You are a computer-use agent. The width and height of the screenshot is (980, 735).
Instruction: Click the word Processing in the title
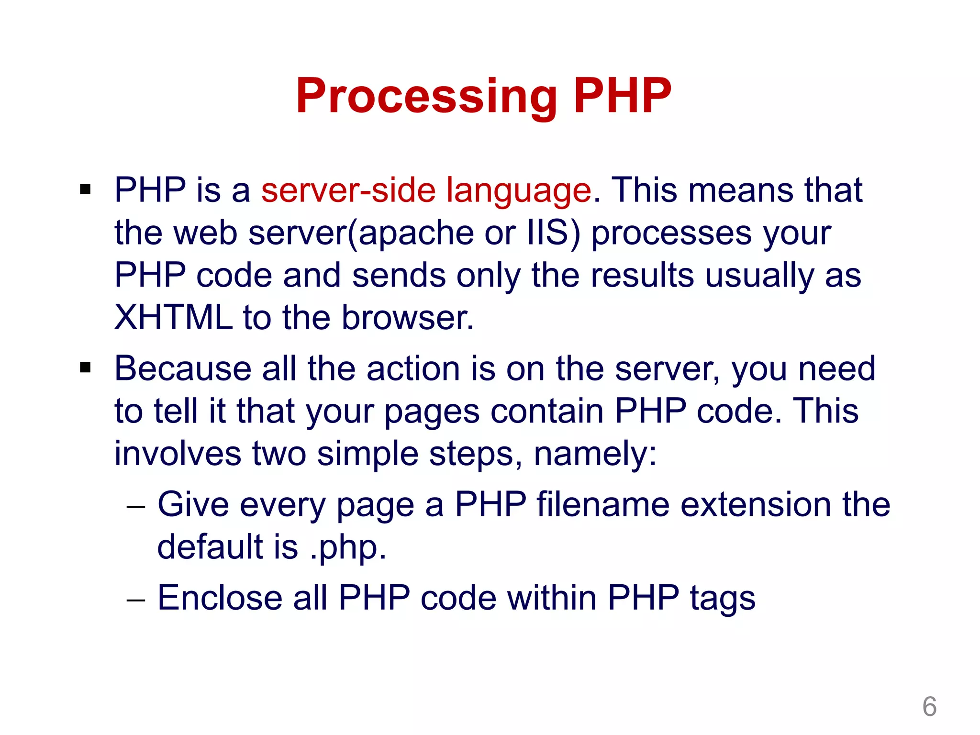[x=426, y=97]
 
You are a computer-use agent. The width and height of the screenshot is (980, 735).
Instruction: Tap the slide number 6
[x=929, y=706]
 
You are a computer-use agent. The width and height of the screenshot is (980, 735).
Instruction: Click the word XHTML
[x=173, y=318]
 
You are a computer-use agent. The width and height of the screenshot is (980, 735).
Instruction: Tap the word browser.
[x=407, y=318]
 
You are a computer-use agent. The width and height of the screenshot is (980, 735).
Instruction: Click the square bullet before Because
[x=86, y=368]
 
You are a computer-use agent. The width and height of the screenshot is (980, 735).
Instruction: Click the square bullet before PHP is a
[x=86, y=189]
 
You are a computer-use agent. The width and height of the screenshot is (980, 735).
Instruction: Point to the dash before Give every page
[x=135, y=506]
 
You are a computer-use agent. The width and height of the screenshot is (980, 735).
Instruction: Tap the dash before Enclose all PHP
[x=135, y=600]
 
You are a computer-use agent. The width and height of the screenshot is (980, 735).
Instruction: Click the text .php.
[x=348, y=548]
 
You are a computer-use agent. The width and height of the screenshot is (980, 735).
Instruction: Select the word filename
[x=603, y=504]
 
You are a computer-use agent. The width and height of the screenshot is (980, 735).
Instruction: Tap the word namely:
[x=595, y=454]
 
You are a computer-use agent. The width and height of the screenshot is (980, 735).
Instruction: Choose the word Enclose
[x=220, y=598]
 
